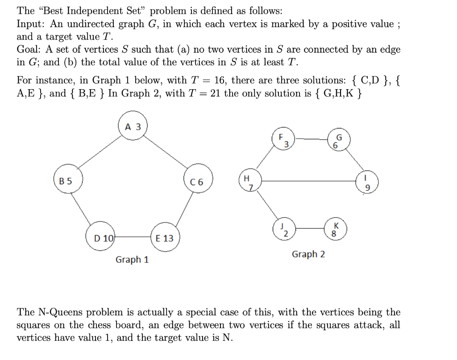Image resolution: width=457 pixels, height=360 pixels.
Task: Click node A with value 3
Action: [133, 127]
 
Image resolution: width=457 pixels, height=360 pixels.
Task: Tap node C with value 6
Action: [196, 182]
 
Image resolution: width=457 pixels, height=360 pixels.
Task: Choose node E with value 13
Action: [165, 238]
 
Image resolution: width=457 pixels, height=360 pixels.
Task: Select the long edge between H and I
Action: [308, 181]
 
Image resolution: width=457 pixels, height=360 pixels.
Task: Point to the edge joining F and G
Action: [311, 139]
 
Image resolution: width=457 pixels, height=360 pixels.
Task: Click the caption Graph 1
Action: [132, 259]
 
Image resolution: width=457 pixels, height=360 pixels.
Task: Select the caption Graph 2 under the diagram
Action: [308, 254]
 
